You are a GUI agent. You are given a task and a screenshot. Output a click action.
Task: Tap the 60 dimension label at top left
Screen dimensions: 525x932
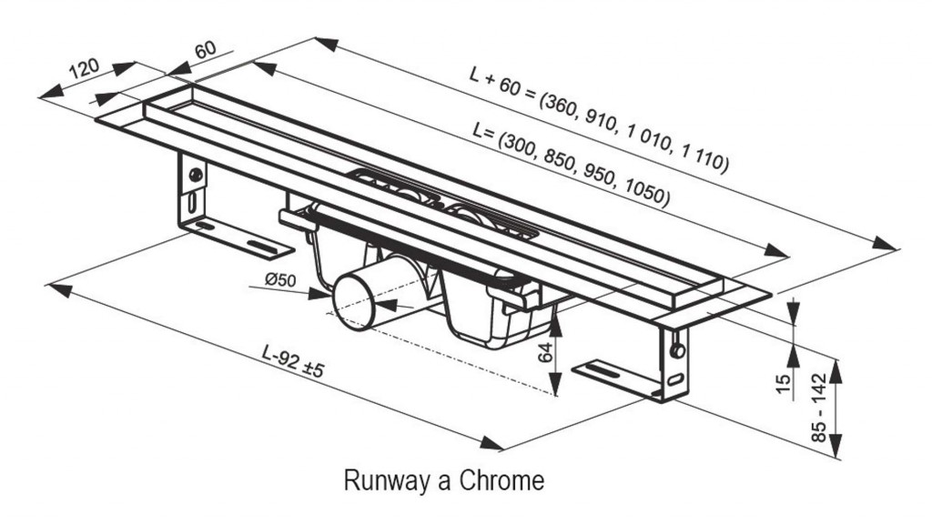(x=206, y=49)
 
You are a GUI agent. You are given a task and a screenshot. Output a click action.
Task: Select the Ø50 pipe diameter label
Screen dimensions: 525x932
(x=280, y=280)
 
